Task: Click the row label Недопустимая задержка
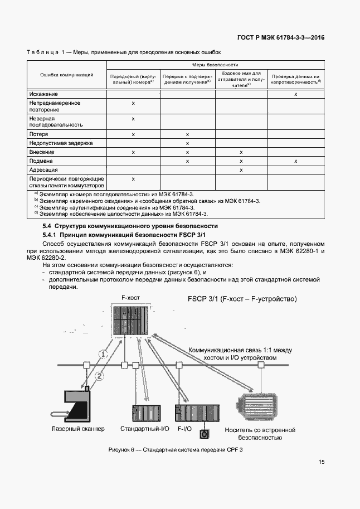pos(61,143)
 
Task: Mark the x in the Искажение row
pos(295,94)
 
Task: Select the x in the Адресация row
pos(241,169)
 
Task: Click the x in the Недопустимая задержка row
pos(188,143)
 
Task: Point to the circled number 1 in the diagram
pos(102,353)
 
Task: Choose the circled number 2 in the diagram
pos(99,375)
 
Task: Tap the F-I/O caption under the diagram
pos(185,429)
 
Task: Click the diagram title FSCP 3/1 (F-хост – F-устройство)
pos(242,299)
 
